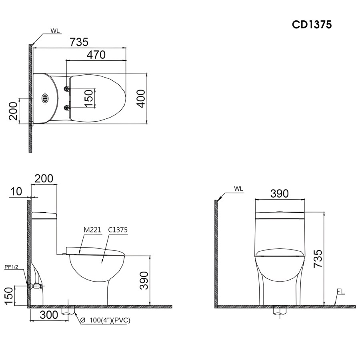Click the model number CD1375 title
[x=312, y=24]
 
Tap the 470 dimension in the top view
[x=96, y=55]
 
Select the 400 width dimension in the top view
[x=142, y=98]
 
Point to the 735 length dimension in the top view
[x=79, y=42]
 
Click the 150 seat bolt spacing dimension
[x=89, y=98]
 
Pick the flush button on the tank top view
[x=45, y=98]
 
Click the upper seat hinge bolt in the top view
[x=67, y=88]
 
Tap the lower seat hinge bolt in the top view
[x=67, y=107]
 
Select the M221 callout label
[x=92, y=230]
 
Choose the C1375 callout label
[x=118, y=230]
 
